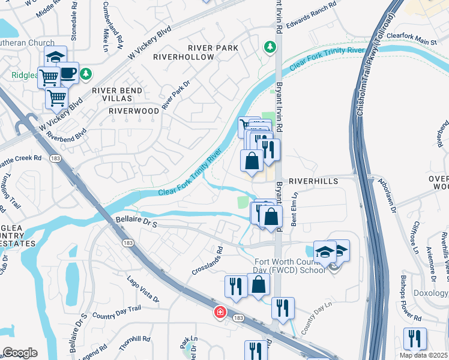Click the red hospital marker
pyautogui.click(x=220, y=313)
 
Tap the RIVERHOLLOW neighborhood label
pyautogui.click(x=184, y=57)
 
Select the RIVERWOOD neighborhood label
pyautogui.click(x=134, y=111)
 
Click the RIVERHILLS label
pyautogui.click(x=313, y=181)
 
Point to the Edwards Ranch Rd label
pyautogui.click(x=311, y=16)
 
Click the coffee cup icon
pyautogui.click(x=68, y=72)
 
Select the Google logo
pyautogui.click(x=20, y=353)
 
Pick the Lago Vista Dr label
pyautogui.click(x=143, y=289)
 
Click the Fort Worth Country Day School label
pyautogui.click(x=290, y=266)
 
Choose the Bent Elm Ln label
pyautogui.click(x=295, y=208)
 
